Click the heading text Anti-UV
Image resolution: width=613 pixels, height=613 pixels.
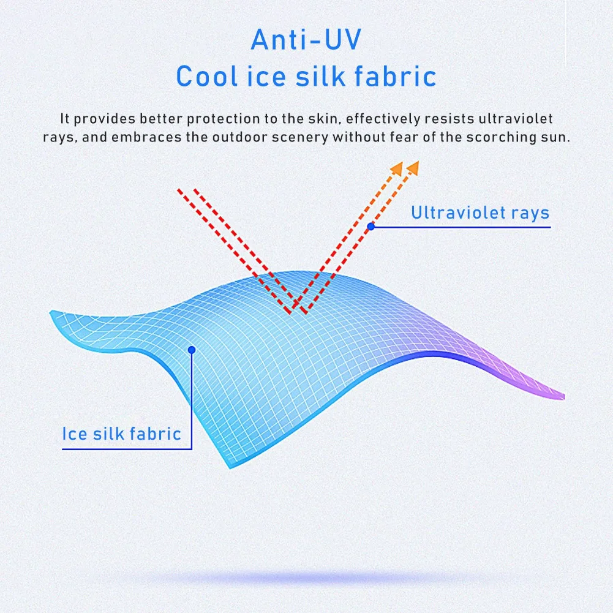[306, 40]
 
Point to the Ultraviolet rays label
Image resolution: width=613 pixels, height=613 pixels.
[480, 213]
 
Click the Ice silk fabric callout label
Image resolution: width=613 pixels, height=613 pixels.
[122, 434]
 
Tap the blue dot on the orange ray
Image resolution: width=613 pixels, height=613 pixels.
[370, 227]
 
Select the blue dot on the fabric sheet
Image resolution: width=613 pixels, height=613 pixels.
[192, 350]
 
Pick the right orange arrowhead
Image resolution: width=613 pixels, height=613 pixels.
[413, 166]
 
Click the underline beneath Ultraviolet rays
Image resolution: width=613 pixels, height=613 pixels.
[465, 227]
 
